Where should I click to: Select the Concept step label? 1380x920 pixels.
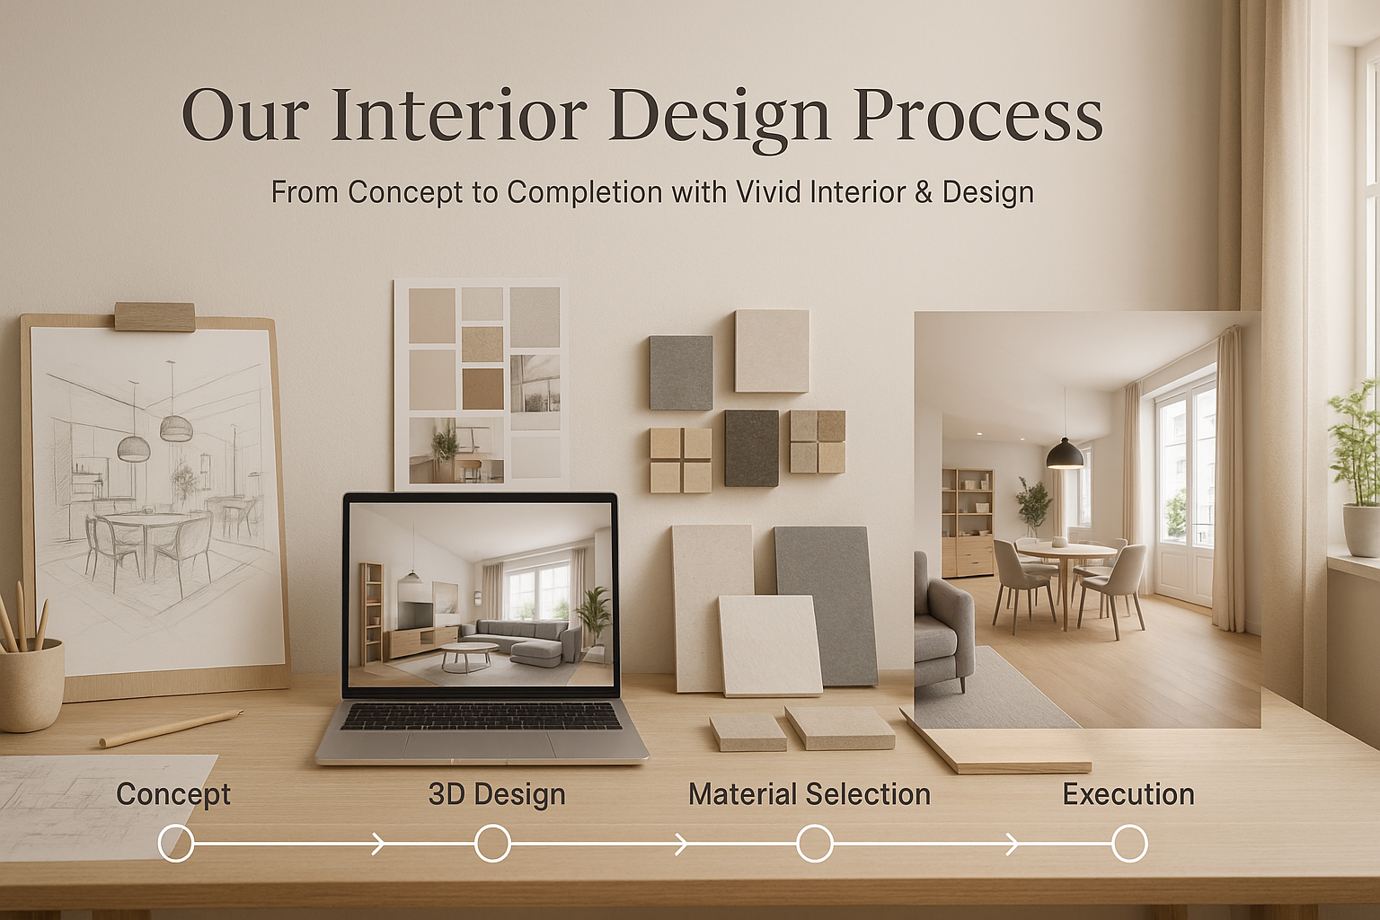[x=173, y=795]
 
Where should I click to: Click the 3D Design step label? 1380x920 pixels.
[x=497, y=793]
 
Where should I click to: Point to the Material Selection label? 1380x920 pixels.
[x=809, y=793]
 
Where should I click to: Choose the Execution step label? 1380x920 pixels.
[x=1128, y=793]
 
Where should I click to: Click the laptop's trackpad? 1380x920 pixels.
[x=478, y=745]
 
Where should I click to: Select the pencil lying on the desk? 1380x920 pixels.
[x=172, y=729]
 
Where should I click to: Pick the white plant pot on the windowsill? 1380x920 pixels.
[x=1361, y=529]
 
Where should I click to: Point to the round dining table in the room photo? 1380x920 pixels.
[x=1066, y=554]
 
